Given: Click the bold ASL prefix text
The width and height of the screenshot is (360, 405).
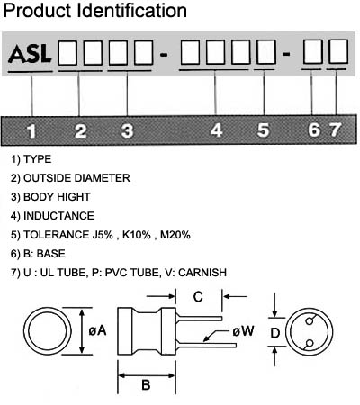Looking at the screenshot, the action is [30, 54].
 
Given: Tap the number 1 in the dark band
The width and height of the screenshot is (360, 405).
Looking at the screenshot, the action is [31, 131].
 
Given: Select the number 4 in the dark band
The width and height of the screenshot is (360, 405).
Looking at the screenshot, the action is [217, 130].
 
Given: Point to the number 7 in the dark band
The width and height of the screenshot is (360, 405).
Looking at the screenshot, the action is [335, 130].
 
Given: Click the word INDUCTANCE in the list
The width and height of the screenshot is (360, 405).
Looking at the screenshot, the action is [58, 216].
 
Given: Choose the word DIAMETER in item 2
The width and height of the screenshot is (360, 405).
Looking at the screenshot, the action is [102, 178].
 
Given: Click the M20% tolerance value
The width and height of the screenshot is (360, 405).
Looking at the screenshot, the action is [175, 235].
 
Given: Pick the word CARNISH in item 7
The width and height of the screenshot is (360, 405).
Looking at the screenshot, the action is [202, 273].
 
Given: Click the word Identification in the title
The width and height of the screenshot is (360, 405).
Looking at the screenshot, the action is [132, 10].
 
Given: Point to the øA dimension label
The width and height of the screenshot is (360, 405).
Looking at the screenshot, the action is [97, 330].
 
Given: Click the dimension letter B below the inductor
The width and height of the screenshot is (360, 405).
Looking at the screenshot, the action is [146, 384].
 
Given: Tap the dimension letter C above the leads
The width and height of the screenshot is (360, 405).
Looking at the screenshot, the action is [198, 297].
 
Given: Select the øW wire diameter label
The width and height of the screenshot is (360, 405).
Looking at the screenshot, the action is [243, 331].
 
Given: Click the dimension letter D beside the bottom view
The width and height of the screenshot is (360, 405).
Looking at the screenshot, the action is [275, 333].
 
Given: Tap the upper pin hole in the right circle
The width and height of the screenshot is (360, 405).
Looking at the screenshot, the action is [310, 321].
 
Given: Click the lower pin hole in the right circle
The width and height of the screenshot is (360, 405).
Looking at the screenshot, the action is [310, 343].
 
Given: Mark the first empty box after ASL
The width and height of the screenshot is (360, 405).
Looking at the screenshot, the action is [67, 53].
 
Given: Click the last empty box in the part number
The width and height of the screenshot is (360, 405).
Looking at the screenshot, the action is [338, 51].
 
